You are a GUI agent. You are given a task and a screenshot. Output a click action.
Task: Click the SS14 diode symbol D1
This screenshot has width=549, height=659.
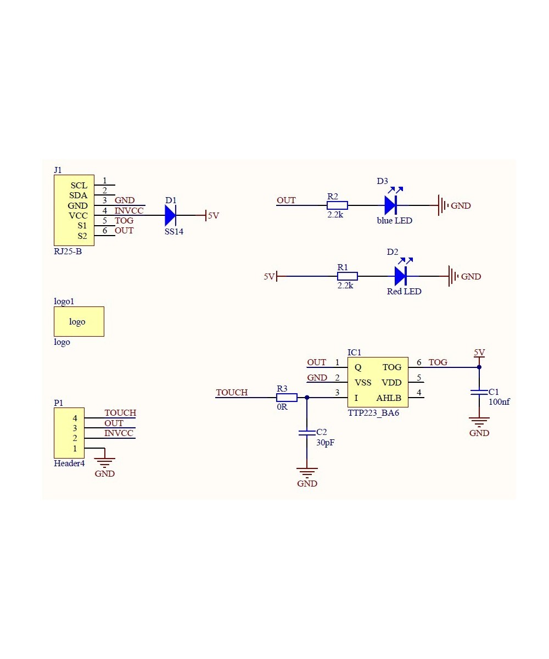[171, 216]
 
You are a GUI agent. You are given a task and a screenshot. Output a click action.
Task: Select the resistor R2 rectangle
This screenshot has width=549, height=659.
[337, 205]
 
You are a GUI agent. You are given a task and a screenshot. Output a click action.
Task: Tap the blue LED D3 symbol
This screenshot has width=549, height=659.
[390, 205]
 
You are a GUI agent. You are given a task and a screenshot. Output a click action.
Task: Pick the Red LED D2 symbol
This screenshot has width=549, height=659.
[400, 276]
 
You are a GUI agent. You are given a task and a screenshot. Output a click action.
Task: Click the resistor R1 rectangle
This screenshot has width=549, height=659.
[347, 276]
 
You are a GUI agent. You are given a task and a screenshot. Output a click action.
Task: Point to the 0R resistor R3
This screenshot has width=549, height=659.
[287, 397]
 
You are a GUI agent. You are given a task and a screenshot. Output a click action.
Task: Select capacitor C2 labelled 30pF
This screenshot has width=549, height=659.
[307, 433]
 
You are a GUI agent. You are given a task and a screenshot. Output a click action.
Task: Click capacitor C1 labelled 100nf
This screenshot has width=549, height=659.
[479, 392]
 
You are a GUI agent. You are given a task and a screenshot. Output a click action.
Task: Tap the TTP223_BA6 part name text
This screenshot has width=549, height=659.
[373, 412]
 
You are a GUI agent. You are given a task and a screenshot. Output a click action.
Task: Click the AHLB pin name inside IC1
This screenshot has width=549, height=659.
[389, 398]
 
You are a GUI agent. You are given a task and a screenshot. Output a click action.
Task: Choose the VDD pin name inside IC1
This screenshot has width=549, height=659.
[391, 382]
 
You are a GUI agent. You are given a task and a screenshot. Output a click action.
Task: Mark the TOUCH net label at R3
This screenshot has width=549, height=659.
[232, 393]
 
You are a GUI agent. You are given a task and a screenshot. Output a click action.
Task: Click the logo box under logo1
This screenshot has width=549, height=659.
[79, 322]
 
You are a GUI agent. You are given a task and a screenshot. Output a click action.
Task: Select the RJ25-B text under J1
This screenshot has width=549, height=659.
[68, 252]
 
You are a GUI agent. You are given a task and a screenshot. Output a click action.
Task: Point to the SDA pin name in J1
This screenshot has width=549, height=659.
[78, 196]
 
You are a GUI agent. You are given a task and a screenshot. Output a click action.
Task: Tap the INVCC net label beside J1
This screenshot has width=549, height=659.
[129, 211]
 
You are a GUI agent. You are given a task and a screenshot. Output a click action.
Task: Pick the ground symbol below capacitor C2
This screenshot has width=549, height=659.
[307, 472]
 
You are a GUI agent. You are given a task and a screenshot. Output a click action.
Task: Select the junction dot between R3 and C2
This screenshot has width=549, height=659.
[307, 397]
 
